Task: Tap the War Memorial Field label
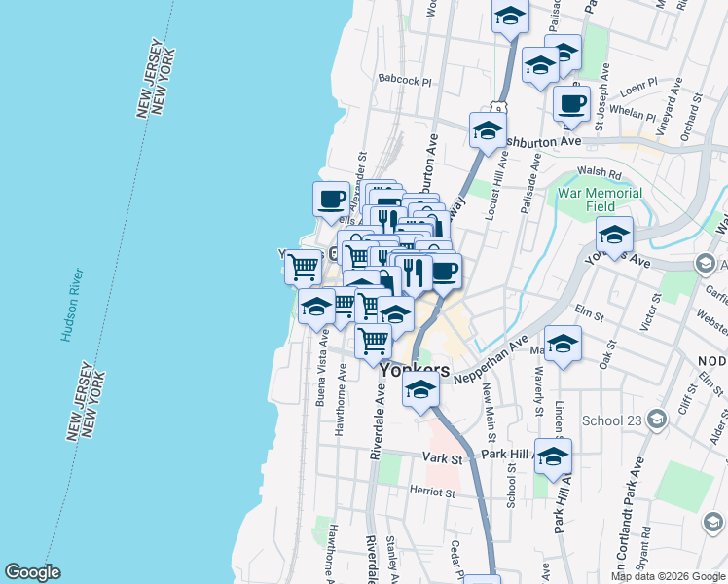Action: pos(600,200)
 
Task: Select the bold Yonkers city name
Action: pos(415,371)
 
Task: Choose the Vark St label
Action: pos(440,456)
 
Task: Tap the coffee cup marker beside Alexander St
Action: pos(332,200)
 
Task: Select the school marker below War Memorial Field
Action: pos(615,235)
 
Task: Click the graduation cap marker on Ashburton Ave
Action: pos(488,130)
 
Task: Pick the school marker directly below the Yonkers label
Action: pos(420,391)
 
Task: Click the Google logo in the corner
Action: pos(32,572)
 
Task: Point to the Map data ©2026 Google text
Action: pos(667,576)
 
